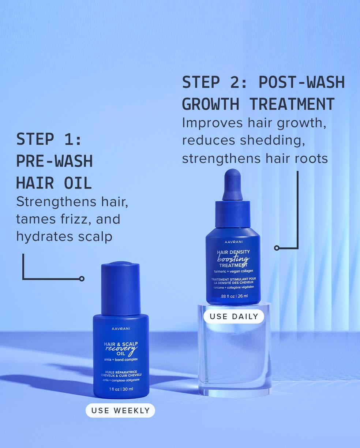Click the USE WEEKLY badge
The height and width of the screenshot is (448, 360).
pyautogui.click(x=120, y=410)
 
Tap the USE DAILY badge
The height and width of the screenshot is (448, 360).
pyautogui.click(x=234, y=316)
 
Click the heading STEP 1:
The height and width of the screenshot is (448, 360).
pyautogui.click(x=49, y=139)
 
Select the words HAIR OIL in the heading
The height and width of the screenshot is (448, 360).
pyautogui.click(x=54, y=183)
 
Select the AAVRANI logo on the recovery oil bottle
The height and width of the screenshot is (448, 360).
pyautogui.click(x=121, y=329)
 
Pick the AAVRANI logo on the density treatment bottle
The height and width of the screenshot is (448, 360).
pyautogui.click(x=233, y=242)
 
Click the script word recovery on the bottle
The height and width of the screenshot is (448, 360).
pyautogui.click(x=121, y=349)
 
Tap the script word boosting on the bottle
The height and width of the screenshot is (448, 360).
pyautogui.click(x=233, y=259)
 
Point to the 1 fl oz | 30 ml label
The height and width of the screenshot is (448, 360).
pyautogui.click(x=121, y=389)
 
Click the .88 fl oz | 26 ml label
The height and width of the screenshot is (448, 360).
pyautogui.click(x=234, y=296)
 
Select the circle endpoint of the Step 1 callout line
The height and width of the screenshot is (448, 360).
pyautogui.click(x=82, y=279)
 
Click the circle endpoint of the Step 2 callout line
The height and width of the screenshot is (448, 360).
pyautogui.click(x=277, y=248)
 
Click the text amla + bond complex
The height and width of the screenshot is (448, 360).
pyautogui.click(x=121, y=360)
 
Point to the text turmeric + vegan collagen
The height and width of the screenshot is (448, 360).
pyautogui.click(x=233, y=271)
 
